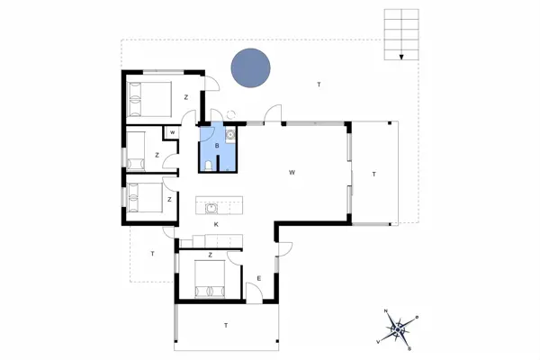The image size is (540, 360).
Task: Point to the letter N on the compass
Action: click(x=387, y=311)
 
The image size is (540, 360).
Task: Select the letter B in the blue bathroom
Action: click(x=217, y=146)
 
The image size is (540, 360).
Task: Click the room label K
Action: click(x=217, y=224)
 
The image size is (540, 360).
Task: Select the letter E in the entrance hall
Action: click(x=258, y=278)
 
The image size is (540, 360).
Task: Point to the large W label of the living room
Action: click(x=292, y=172)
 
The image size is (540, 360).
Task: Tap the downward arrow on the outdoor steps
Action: click(x=402, y=55)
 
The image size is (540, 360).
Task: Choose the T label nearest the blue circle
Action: click(x=318, y=85)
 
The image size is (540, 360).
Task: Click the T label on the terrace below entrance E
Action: click(x=225, y=325)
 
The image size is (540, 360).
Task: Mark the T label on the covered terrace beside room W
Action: click(x=373, y=174)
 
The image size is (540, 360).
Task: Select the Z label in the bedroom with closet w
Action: click(x=157, y=156)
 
